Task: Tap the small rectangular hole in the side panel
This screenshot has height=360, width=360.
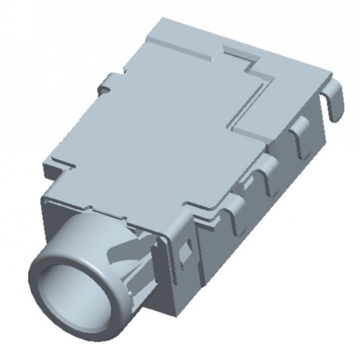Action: pyautogui.click(x=188, y=251)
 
